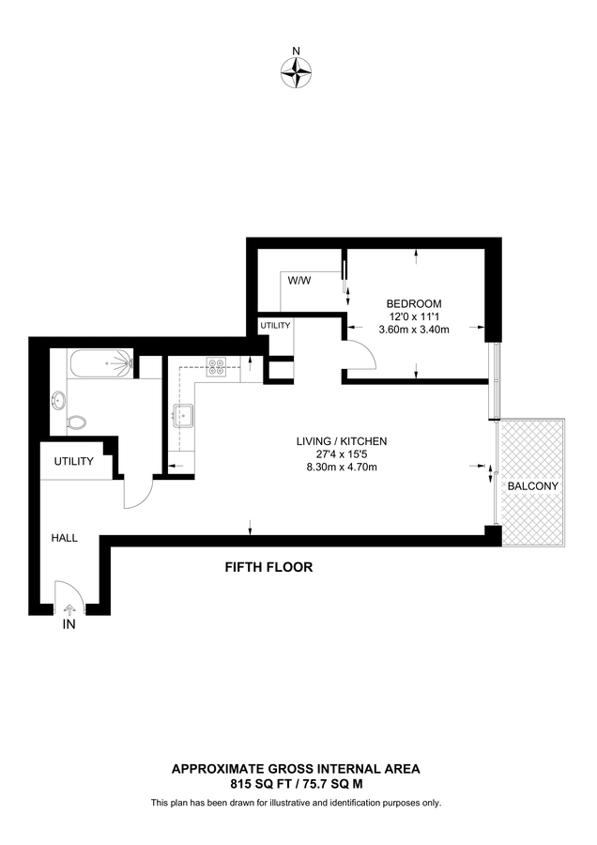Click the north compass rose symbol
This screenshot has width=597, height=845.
[x=297, y=69]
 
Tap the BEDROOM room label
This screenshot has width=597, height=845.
[x=414, y=303]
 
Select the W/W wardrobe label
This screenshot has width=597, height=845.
[x=299, y=281]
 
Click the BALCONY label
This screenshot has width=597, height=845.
[x=532, y=486]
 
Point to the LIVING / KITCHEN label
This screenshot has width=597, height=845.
[x=342, y=440]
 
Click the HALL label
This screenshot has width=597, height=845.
[x=65, y=538]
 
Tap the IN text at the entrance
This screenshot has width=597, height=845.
[x=69, y=624]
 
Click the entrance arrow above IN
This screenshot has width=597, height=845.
[x=68, y=609]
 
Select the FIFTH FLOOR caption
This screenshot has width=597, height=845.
[x=268, y=567]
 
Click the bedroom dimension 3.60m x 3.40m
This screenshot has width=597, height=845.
[x=414, y=330]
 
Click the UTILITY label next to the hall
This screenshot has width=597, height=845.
[x=74, y=462]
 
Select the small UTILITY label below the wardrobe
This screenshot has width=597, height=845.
[x=276, y=325]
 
